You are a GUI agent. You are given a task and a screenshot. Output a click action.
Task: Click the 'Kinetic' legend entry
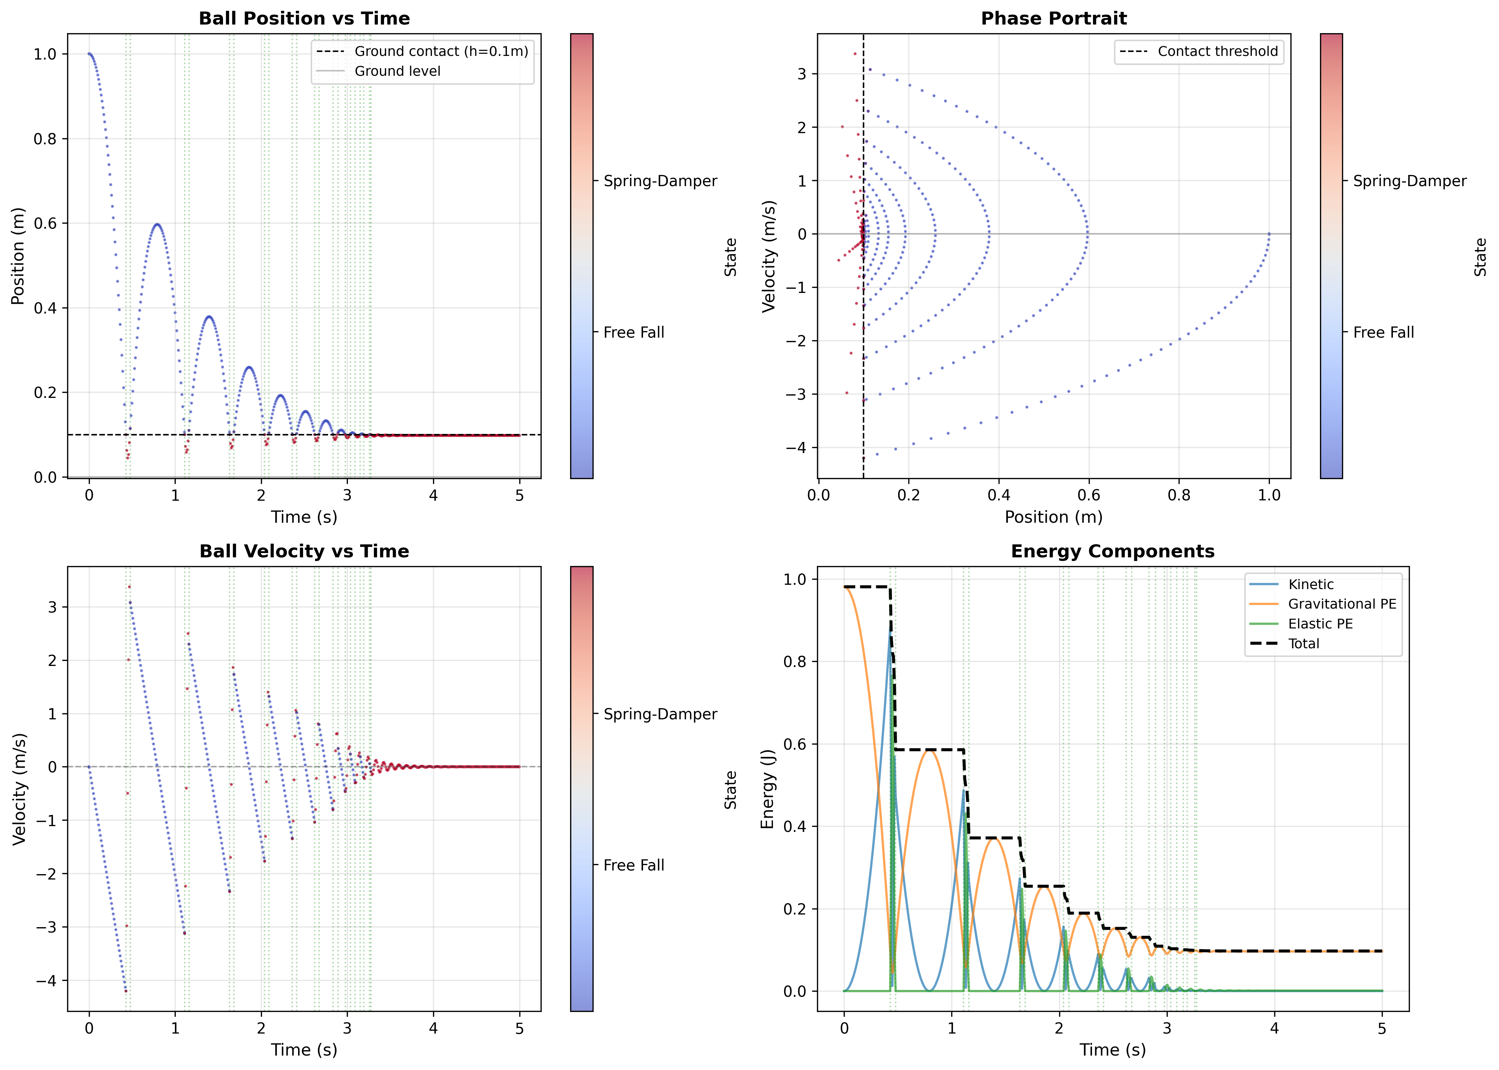point(1311,584)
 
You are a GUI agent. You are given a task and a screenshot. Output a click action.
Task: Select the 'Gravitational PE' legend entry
point(1342,604)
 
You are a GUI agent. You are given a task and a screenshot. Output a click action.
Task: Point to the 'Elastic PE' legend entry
point(1320,624)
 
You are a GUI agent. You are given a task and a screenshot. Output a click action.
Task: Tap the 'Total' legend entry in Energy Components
point(1303,644)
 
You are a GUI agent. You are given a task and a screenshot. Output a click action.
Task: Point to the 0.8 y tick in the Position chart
point(45,139)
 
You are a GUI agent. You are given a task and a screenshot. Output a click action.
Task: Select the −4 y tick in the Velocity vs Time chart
point(46,981)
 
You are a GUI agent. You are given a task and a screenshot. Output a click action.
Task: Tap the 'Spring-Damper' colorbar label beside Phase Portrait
point(1410,181)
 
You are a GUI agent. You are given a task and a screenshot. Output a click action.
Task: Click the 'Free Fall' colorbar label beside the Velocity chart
point(633,865)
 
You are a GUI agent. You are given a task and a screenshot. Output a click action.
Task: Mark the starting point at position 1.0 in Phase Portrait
point(1269,234)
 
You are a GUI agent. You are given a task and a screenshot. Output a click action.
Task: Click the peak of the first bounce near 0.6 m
point(157,225)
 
